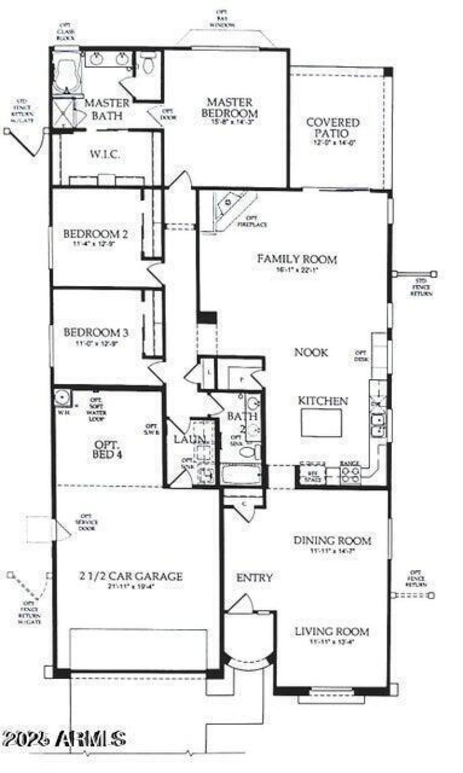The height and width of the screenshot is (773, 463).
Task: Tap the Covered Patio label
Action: [333, 127]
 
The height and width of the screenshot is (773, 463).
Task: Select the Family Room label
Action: [297, 259]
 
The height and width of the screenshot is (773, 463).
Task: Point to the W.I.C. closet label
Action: [105, 154]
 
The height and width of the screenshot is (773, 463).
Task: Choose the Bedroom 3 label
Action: [95, 333]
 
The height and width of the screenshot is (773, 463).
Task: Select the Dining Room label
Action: [332, 541]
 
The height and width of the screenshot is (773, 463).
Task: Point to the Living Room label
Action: [332, 632]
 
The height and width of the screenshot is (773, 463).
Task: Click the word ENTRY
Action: [254, 578]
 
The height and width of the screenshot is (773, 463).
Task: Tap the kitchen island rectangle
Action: [321, 423]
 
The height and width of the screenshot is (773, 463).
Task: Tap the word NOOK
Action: [311, 352]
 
